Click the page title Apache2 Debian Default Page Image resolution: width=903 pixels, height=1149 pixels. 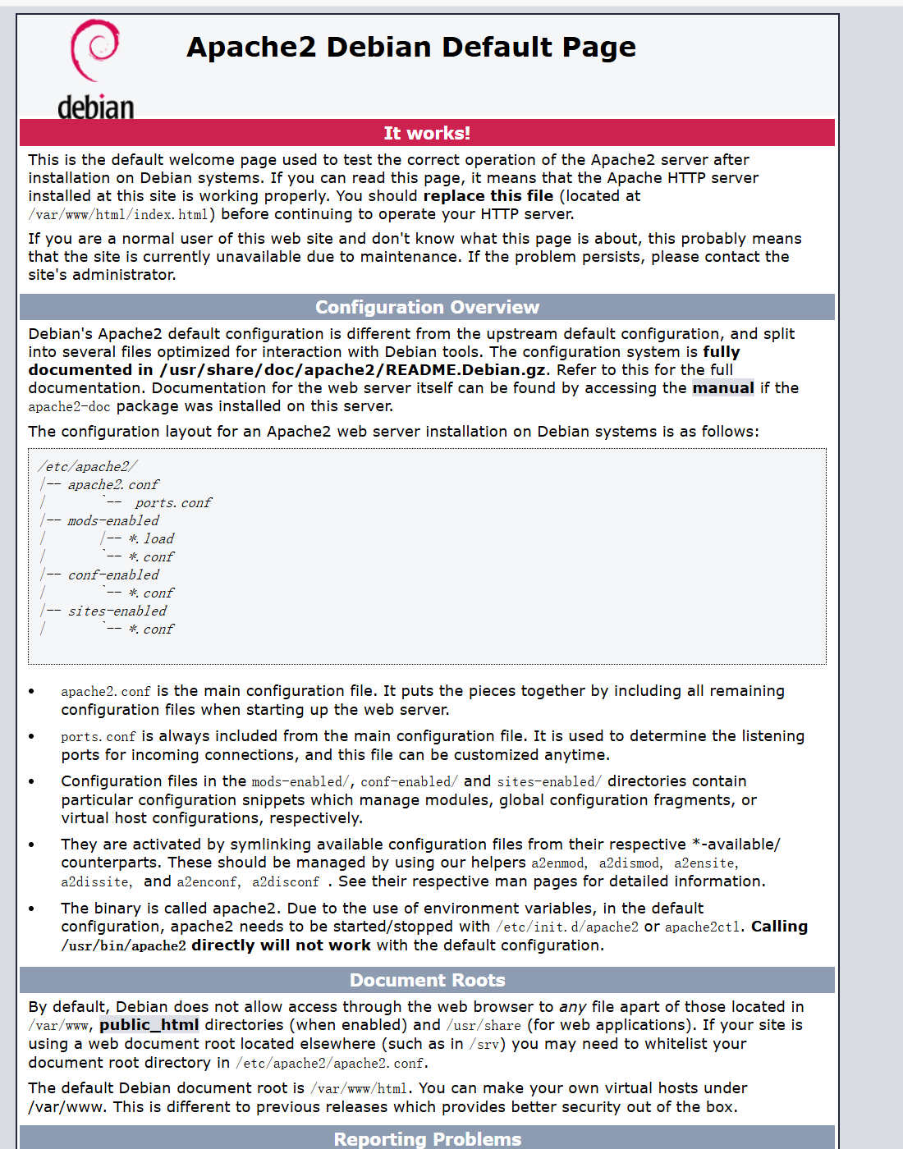(411, 48)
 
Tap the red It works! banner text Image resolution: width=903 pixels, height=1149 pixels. (427, 133)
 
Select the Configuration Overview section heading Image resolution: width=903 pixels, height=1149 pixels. (427, 307)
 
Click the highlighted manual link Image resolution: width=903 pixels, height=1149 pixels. (722, 388)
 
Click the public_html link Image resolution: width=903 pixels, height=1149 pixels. (149, 1025)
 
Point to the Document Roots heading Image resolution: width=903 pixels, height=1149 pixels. (427, 980)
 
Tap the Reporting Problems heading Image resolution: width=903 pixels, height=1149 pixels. (427, 1139)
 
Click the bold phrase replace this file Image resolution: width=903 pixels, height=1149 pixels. (488, 196)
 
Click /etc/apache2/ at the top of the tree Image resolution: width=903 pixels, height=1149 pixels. (88, 467)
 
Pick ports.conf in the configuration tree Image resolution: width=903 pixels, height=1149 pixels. (173, 503)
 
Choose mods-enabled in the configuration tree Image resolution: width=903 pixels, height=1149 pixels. (113, 521)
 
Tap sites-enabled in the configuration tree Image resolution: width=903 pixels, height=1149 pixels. (117, 611)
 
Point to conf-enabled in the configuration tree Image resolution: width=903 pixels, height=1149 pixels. (113, 575)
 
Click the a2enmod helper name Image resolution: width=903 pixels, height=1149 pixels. (558, 863)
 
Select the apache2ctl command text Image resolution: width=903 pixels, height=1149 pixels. (702, 927)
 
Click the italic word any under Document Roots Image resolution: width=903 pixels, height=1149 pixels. (572, 1007)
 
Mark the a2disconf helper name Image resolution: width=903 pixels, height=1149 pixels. (286, 882)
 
